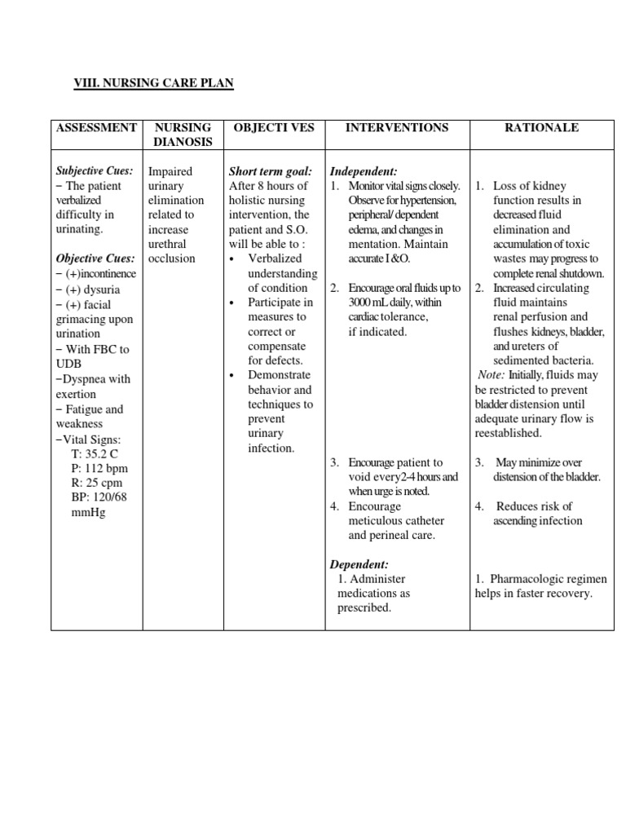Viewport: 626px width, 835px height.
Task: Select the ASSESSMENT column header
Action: pos(96,128)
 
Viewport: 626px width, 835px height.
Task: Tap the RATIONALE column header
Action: pos(541,128)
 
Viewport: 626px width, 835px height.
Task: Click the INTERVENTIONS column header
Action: pos(397,128)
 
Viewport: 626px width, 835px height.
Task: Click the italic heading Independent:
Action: pos(364,171)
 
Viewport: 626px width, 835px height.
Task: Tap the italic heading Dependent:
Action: pos(359,564)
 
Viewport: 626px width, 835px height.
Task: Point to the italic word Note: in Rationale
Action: pos(492,375)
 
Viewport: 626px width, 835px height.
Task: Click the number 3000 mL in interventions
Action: pos(369,303)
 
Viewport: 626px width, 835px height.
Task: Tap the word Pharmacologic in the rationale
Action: pos(535,579)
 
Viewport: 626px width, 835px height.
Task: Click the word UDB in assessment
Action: pos(69,364)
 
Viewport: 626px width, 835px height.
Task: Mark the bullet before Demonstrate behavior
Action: pos(234,376)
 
